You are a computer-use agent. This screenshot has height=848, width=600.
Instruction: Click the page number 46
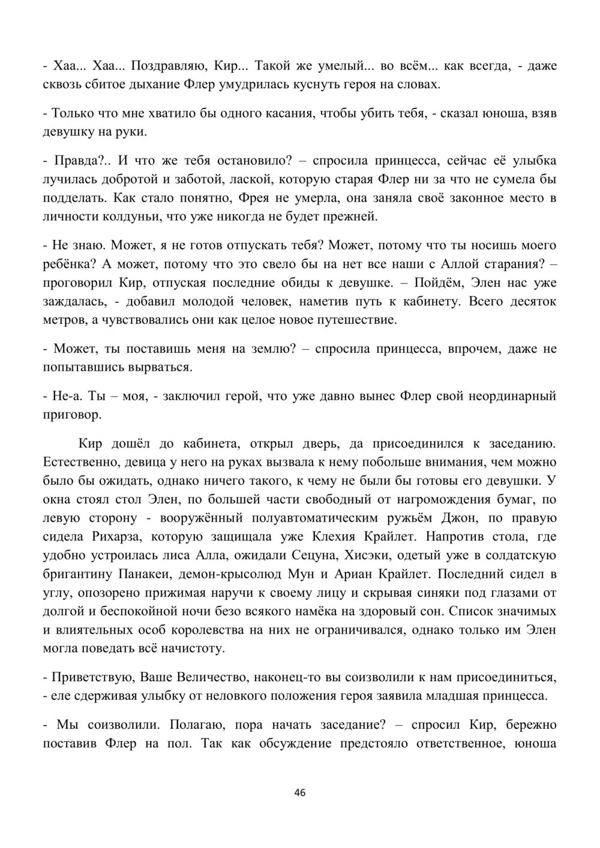pyautogui.click(x=300, y=792)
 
